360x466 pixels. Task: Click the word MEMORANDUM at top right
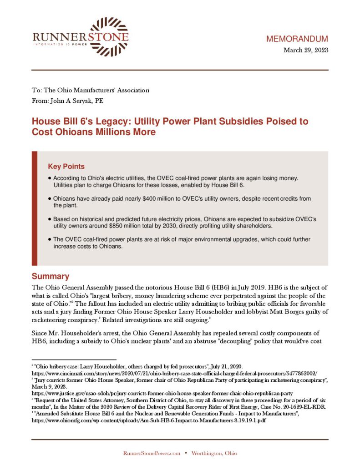tap(297, 39)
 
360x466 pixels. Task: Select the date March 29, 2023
tap(305, 50)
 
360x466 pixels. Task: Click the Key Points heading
tap(66, 167)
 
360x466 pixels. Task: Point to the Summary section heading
tap(50, 276)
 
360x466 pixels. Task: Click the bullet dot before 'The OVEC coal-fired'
tap(49, 239)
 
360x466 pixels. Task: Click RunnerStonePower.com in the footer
tap(151, 453)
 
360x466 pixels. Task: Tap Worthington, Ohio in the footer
tap(214, 453)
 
